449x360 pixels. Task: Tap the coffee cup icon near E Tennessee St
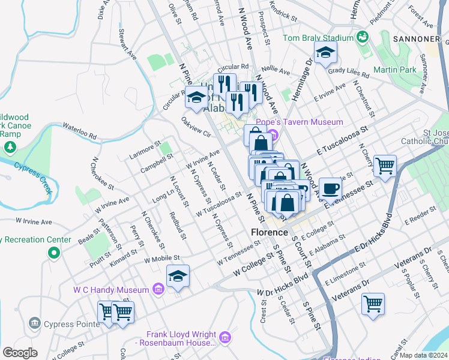point(329,188)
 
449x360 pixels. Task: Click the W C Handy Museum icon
point(158,290)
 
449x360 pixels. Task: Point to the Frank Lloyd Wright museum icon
point(225,338)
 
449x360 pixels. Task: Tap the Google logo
point(20,353)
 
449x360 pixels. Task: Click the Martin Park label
point(394,70)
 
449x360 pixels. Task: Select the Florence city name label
point(270,232)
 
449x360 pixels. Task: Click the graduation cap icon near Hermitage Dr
point(325,55)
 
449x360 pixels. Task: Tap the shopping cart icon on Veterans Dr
point(373,303)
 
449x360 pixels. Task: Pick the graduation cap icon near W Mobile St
point(178,276)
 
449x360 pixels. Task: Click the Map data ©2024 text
point(424,355)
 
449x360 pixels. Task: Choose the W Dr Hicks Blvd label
point(282,285)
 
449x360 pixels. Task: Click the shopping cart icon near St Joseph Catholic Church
point(384,165)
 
